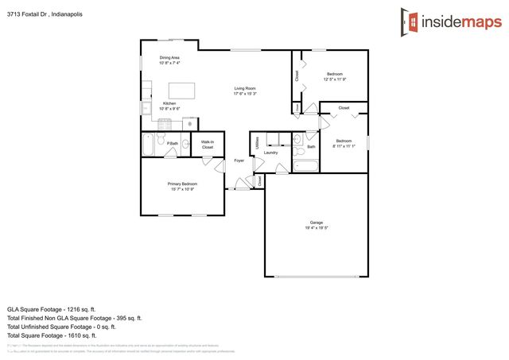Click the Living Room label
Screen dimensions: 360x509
click(x=244, y=88)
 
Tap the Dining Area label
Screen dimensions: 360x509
click(x=169, y=57)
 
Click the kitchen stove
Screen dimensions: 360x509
click(x=165, y=124)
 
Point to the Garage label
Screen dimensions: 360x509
click(x=317, y=222)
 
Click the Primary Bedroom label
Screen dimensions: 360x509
click(x=182, y=184)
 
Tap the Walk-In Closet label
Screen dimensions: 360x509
click(x=208, y=145)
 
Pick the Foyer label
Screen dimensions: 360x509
click(x=239, y=161)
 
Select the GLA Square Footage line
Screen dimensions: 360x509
click(x=52, y=308)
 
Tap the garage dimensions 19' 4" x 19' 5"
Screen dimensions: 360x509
click(x=317, y=228)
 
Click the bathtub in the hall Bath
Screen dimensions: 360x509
click(x=305, y=166)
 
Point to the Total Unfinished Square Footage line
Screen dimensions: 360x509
click(x=61, y=327)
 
